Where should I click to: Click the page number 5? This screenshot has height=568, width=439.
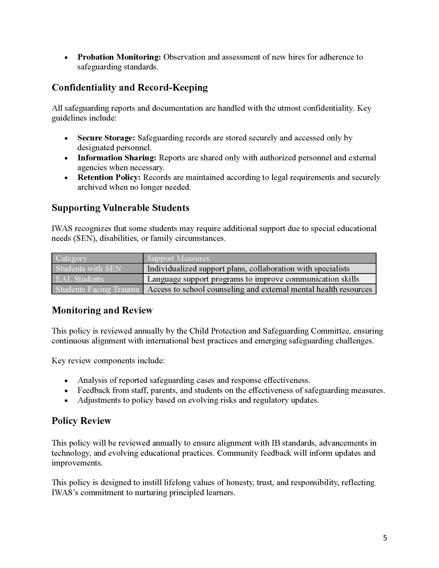385,538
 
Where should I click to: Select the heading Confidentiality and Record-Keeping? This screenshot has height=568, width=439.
130,88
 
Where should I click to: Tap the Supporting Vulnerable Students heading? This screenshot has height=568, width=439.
120,208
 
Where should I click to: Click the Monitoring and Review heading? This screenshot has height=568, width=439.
102,310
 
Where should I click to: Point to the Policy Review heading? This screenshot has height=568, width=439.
81,421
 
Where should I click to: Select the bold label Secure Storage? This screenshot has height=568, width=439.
106,138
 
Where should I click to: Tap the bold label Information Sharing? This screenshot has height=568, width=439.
117,157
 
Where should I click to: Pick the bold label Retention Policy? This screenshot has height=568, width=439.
109,177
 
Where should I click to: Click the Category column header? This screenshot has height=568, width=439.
72,258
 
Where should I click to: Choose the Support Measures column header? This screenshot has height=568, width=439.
178,258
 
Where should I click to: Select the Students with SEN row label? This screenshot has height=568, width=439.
88,269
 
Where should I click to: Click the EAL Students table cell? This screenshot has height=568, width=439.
80,279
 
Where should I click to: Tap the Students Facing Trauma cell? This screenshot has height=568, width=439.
97,289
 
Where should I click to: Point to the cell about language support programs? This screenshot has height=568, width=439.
253,279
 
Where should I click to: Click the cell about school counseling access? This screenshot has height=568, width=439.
259,289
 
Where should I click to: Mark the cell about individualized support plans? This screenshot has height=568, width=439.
248,269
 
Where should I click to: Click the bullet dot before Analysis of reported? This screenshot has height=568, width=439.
66,381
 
